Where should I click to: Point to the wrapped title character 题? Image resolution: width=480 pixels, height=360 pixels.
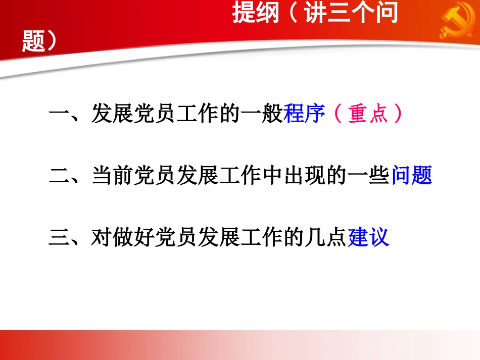33,42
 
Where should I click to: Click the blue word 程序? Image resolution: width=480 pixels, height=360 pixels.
304,115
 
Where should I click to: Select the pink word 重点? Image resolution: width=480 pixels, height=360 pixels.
368,115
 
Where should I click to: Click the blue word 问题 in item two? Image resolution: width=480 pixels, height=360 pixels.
412,176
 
